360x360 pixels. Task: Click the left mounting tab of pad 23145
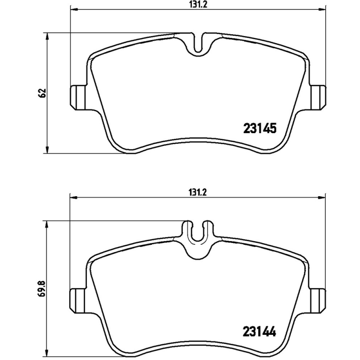(x=77, y=97)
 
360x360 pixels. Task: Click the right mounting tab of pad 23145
(x=319, y=97)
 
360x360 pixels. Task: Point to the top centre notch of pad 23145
(x=198, y=44)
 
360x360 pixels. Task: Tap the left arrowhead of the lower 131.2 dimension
(x=72, y=197)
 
